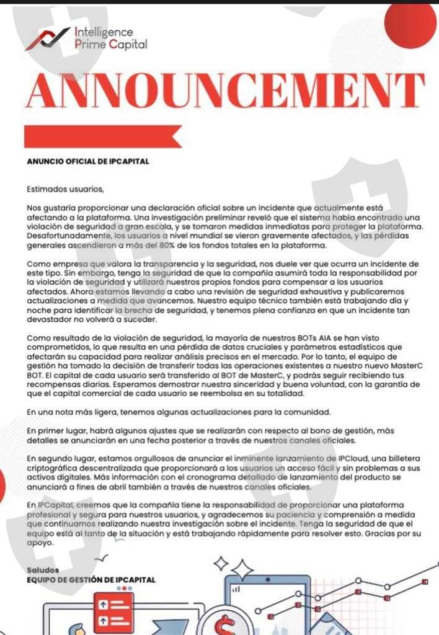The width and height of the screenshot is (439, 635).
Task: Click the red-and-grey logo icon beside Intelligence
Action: [47, 38]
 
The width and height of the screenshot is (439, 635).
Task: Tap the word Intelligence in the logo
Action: [103, 32]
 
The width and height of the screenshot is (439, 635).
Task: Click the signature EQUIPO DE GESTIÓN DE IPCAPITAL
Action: [91, 580]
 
